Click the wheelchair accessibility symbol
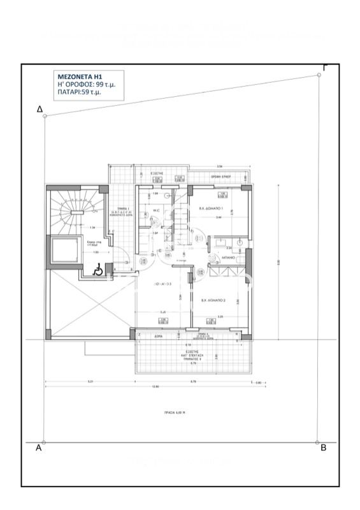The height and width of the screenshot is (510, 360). coord(99,270)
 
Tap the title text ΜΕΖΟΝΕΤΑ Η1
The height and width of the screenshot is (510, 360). coord(75,76)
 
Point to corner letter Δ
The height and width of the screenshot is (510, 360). coord(40,110)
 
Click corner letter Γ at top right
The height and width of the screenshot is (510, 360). coord(325,67)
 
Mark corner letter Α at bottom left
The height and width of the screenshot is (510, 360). coord(39,448)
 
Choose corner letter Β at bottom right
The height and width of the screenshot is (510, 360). coord(323,448)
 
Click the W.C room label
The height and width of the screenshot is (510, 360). coord(156,210)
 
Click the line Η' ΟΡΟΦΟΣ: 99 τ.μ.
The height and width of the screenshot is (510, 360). coord(82,84)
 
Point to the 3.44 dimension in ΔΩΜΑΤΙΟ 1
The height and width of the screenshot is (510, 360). coord(219,218)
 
